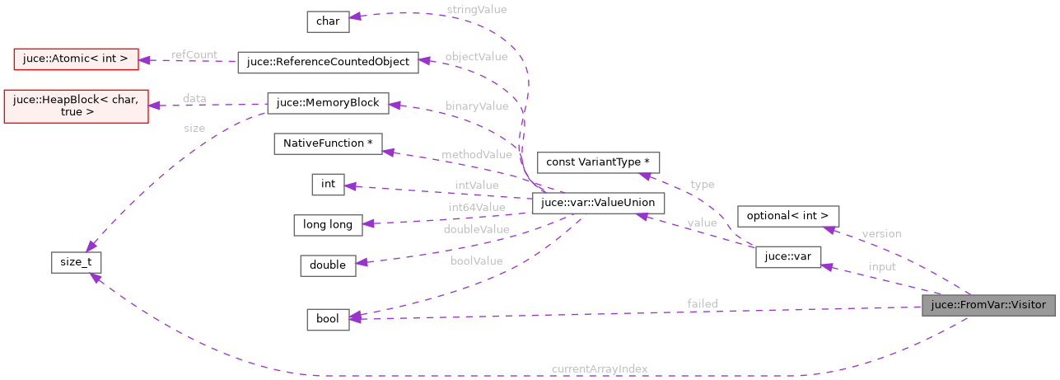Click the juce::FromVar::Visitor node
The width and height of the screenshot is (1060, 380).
[988, 305]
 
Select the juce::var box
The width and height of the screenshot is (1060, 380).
[788, 256]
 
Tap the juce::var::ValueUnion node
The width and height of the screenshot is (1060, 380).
[598, 203]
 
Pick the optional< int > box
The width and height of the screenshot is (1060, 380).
[788, 216]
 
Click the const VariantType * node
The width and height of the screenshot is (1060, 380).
[598, 162]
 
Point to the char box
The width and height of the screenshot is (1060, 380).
[327, 21]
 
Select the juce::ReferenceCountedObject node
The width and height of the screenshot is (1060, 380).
[328, 62]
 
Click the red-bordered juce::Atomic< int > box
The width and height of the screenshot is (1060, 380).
[76, 59]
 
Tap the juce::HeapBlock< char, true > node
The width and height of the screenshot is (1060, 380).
[76, 106]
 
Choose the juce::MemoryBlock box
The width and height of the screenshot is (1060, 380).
[328, 103]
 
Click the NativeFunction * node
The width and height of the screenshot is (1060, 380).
[328, 143]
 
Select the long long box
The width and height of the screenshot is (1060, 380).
[328, 224]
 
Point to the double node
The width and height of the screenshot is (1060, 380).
[328, 265]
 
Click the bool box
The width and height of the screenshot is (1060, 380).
[328, 319]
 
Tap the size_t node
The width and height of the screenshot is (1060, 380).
[76, 264]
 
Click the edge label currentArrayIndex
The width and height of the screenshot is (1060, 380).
[600, 368]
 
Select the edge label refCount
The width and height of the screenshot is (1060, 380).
[194, 54]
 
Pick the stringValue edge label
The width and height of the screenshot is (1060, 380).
[476, 9]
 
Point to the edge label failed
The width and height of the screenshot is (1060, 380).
[703, 304]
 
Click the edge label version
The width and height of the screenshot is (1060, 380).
[880, 233]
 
